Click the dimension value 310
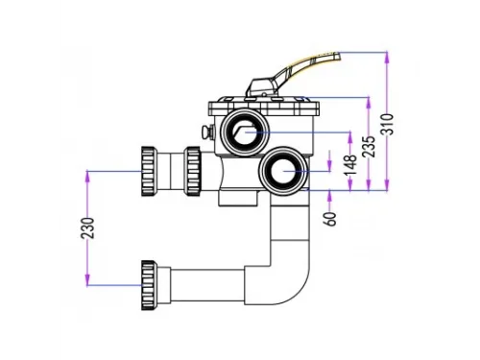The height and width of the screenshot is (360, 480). (387, 124)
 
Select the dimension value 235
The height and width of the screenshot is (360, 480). (369, 147)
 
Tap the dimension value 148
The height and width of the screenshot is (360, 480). (350, 164)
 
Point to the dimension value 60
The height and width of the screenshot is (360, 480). (331, 219)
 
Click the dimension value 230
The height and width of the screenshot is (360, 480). (87, 228)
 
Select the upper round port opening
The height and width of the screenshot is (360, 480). (245, 132)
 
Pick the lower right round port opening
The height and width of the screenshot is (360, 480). (283, 171)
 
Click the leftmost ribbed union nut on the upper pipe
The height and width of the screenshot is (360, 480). (149, 171)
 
